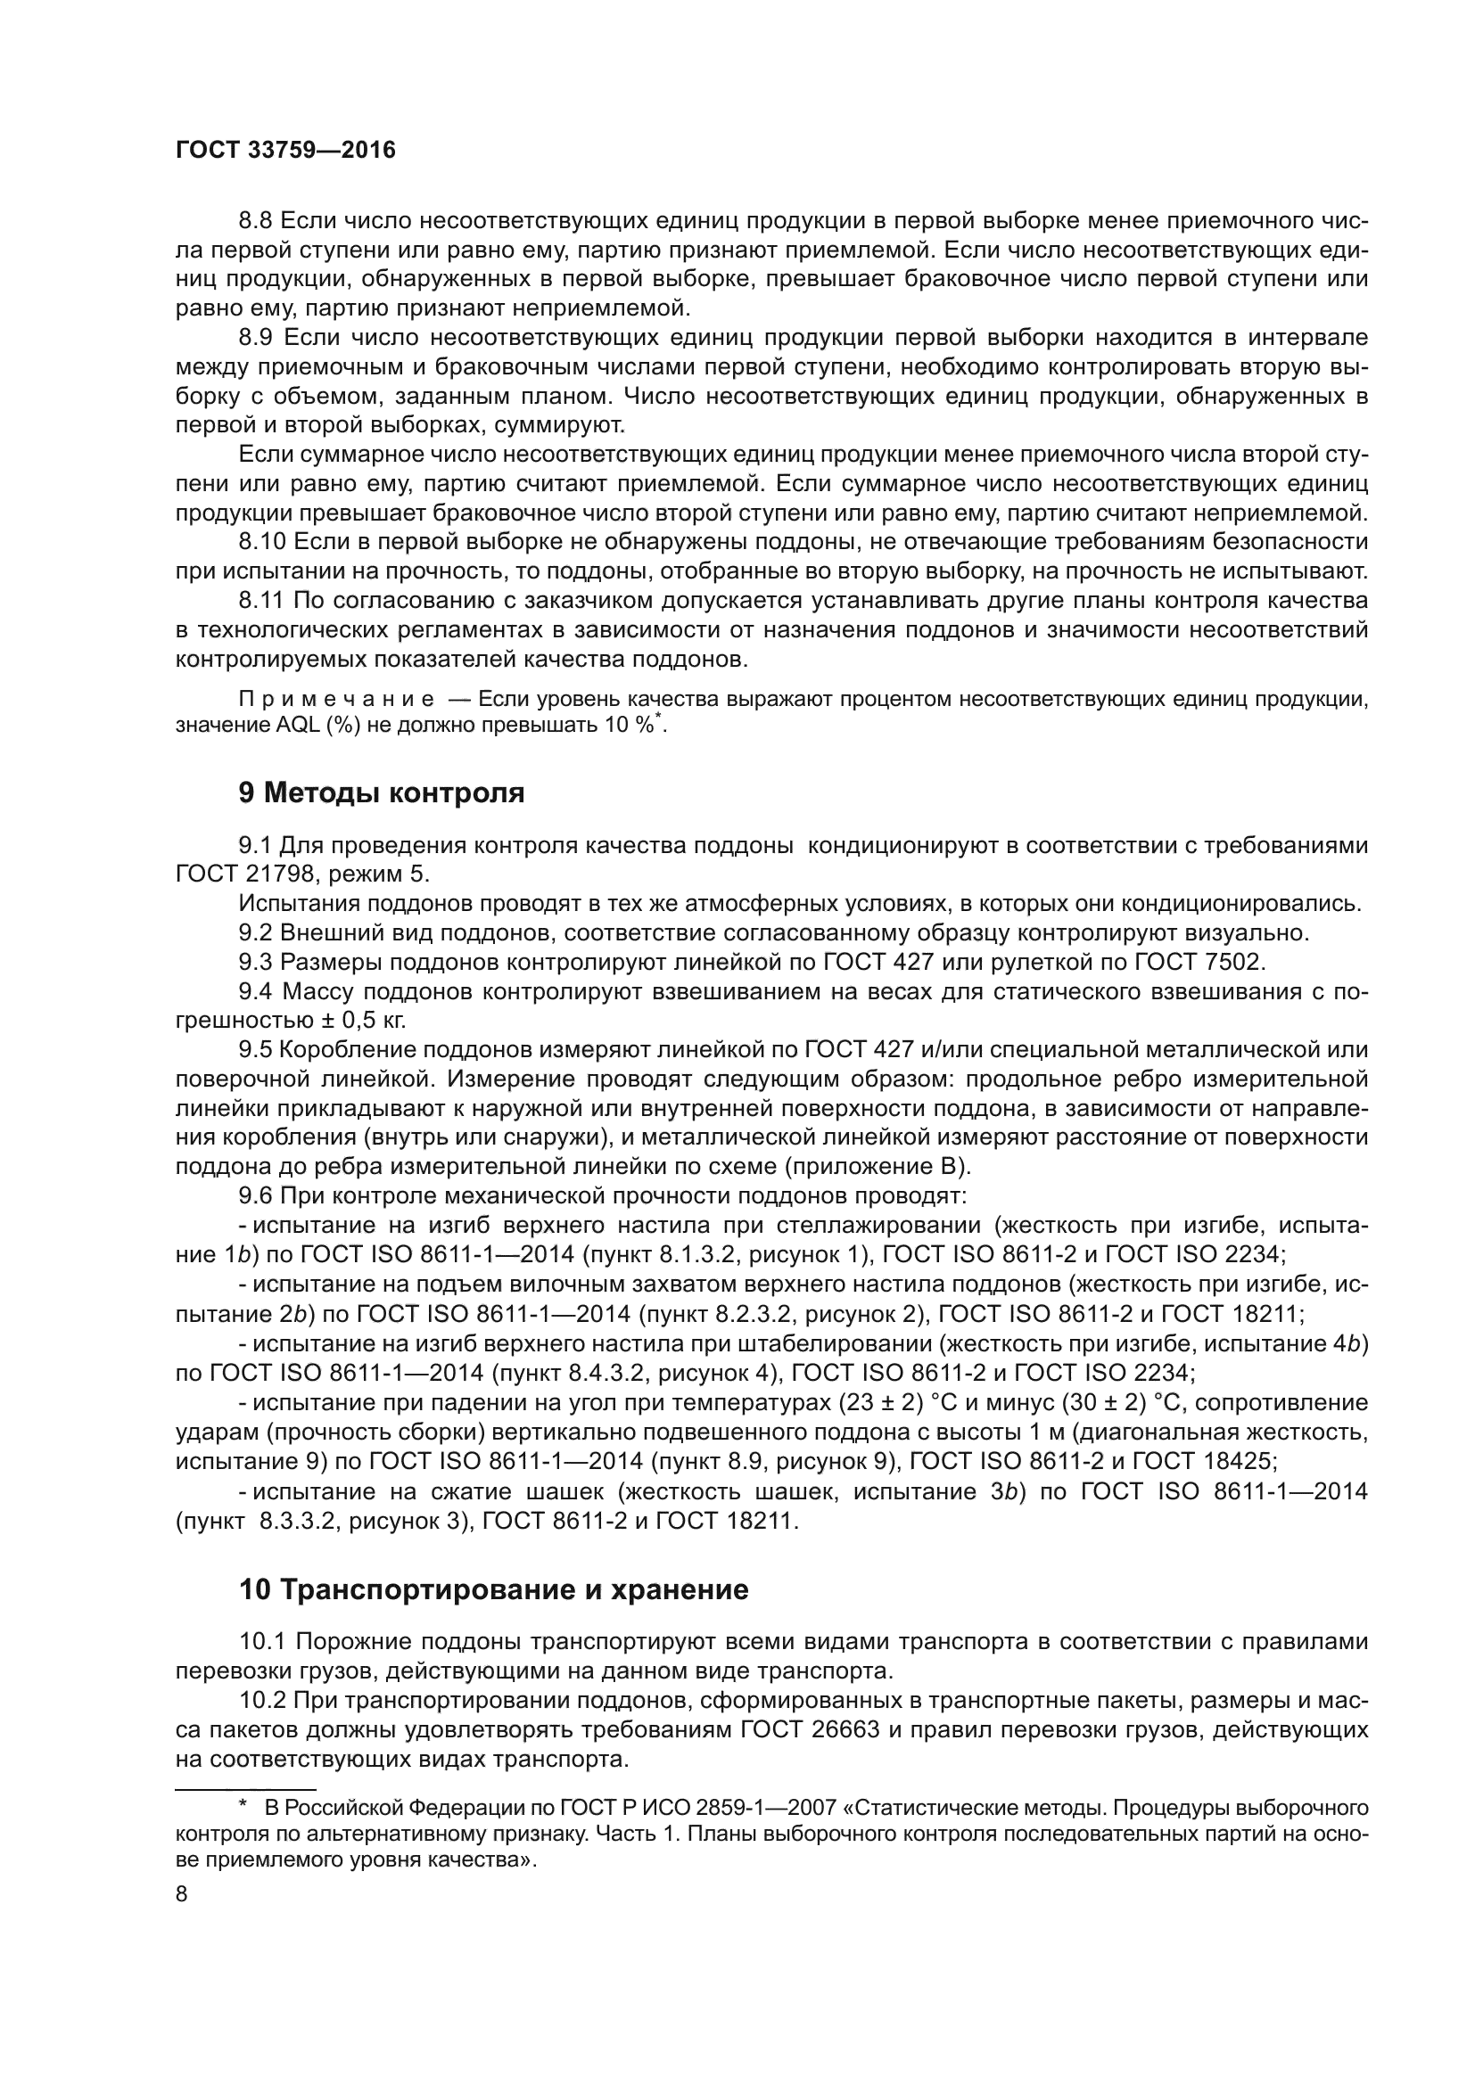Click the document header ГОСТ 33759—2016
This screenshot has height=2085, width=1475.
(285, 151)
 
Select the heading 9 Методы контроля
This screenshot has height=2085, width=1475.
(382, 792)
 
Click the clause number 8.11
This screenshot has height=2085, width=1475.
(262, 600)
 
